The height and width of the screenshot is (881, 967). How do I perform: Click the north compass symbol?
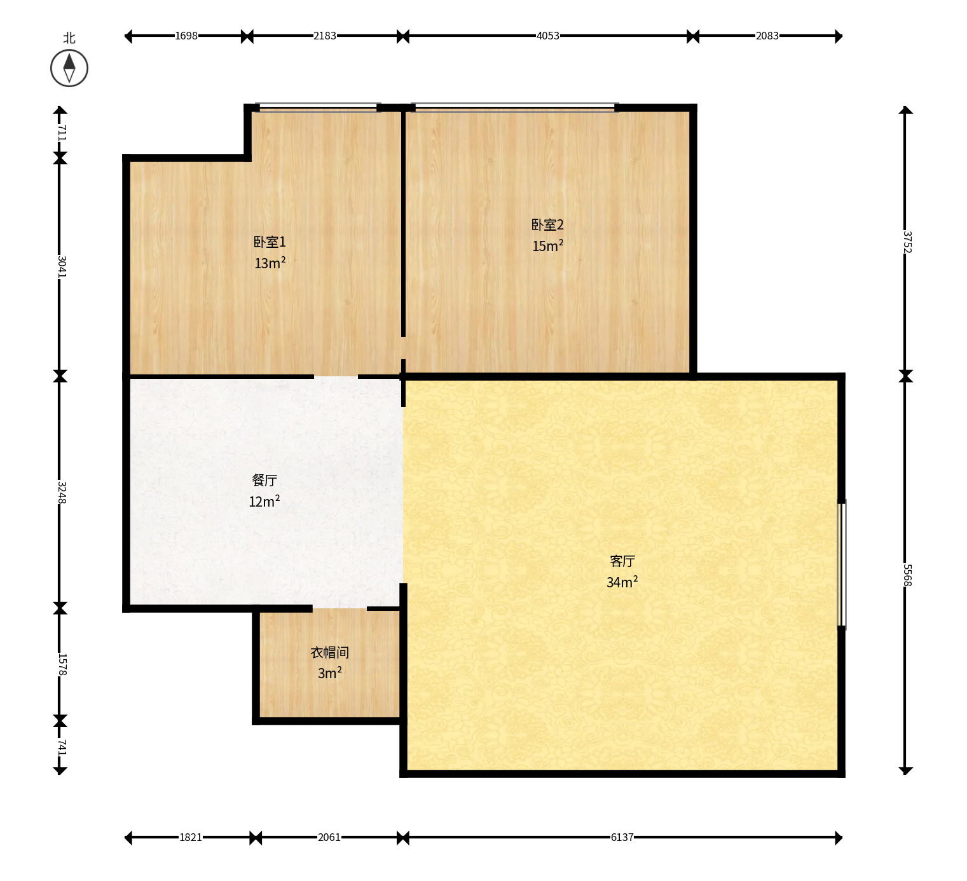pyautogui.click(x=69, y=68)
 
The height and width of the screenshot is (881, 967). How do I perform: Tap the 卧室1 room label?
pyautogui.click(x=270, y=242)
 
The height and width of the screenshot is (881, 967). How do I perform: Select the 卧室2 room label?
pyautogui.click(x=547, y=224)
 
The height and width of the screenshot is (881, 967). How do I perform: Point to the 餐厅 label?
pyautogui.click(x=264, y=480)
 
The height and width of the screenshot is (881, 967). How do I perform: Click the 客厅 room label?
pyautogui.click(x=622, y=561)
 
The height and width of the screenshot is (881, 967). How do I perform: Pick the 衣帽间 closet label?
pyautogui.click(x=330, y=653)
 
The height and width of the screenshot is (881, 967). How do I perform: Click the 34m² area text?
pyautogui.click(x=622, y=582)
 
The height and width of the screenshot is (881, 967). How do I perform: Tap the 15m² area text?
pyautogui.click(x=547, y=246)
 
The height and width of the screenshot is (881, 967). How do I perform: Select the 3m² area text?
pyautogui.click(x=330, y=673)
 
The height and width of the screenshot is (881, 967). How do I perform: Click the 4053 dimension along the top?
pyautogui.click(x=547, y=36)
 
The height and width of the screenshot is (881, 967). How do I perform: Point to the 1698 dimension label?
pyautogui.click(x=186, y=36)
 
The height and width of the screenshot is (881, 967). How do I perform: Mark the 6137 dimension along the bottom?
pyautogui.click(x=622, y=837)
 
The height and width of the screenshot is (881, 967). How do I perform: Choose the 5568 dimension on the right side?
pyautogui.click(x=907, y=575)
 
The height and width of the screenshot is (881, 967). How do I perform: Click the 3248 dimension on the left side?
pyautogui.click(x=61, y=492)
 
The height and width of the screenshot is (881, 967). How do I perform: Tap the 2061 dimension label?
pyautogui.click(x=329, y=837)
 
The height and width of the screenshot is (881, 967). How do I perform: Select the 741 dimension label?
pyautogui.click(x=61, y=748)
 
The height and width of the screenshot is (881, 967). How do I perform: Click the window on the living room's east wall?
pyautogui.click(x=842, y=564)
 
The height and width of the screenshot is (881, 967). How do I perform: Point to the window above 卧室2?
pyautogui.click(x=515, y=107)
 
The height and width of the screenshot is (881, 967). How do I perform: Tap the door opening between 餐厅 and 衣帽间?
pyautogui.click(x=339, y=608)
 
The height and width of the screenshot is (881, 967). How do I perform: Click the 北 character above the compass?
pyautogui.click(x=69, y=38)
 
